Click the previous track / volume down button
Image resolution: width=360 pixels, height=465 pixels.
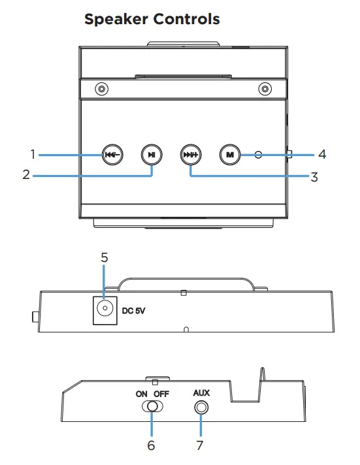pos(112,155)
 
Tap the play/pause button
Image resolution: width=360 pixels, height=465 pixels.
pos(152,155)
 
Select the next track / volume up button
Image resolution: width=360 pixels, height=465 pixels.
pos(191,155)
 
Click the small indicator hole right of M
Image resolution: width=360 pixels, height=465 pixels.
pos(258,155)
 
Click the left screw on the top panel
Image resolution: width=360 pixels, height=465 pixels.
pos(101,89)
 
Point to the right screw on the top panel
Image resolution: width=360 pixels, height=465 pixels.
pos(265,89)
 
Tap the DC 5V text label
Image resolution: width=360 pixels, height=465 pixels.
pos(133,311)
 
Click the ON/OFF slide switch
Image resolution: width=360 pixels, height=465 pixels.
pos(152,407)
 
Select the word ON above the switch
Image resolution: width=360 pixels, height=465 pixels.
pos(142,394)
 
